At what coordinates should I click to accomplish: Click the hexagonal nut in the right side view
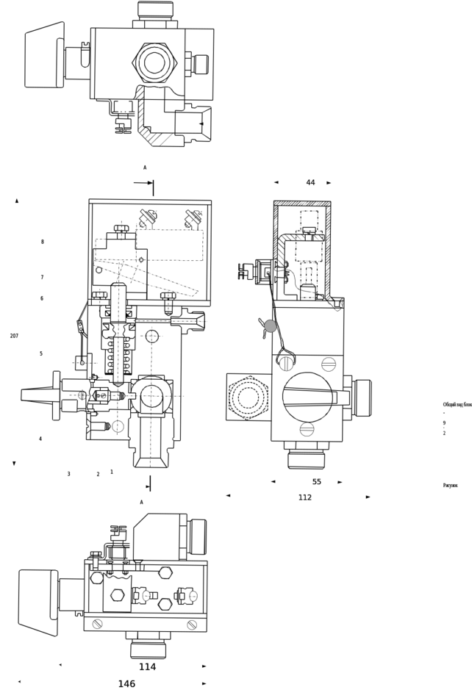coord(247,400)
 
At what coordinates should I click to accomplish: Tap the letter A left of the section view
coord(16,200)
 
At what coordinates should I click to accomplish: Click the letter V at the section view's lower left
coord(15,464)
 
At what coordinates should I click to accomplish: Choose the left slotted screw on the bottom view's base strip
coord(96,624)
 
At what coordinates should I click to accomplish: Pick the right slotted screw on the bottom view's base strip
coord(191,624)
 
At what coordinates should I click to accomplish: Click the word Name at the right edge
coord(449,486)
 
